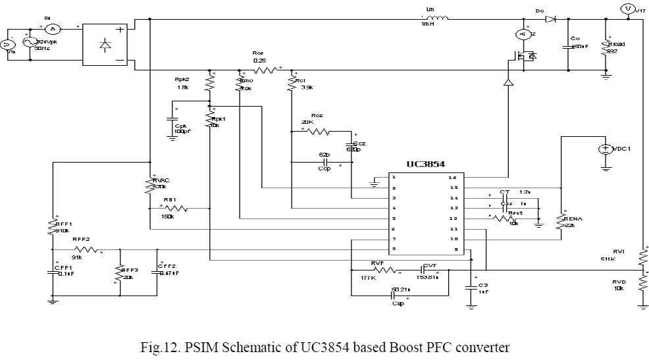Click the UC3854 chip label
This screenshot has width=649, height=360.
coord(427,163)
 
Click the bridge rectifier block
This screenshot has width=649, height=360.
coord(105,45)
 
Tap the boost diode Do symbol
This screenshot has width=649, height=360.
coord(550,19)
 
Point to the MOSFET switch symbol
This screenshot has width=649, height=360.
coord(523,57)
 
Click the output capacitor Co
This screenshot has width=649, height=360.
coord(567,46)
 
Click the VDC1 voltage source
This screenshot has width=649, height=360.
coord(605,149)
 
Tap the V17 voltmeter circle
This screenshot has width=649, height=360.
coord(627,9)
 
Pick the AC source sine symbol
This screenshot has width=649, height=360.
coord(29,43)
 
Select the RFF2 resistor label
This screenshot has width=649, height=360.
coord(81,240)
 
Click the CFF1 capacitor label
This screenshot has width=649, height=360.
coord(63,267)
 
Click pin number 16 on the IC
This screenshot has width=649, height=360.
coord(452,177)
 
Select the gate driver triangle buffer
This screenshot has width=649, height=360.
coord(508,83)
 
